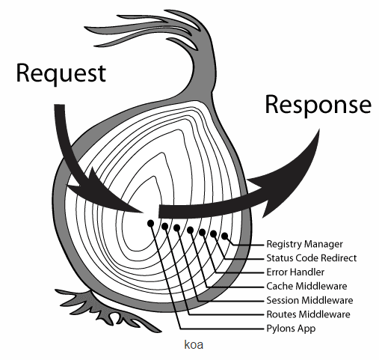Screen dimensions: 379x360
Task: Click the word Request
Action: click(61, 73)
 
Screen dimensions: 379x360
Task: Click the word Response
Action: click(318, 105)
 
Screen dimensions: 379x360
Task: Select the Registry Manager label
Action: click(304, 244)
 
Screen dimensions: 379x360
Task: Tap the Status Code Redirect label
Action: click(312, 258)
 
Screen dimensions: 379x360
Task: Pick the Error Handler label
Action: click(295, 272)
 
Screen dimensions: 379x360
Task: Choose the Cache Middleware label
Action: click(306, 286)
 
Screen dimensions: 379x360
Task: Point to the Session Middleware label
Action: click(309, 300)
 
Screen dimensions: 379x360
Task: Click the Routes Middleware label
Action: click(309, 314)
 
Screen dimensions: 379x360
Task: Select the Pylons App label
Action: click(291, 329)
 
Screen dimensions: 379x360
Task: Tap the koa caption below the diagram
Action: click(194, 345)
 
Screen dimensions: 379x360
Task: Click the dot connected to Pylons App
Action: click(150, 223)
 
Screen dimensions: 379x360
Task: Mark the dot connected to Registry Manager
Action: click(225, 236)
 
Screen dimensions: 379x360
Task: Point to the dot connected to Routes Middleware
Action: click(164, 226)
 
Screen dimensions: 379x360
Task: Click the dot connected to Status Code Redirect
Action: click(214, 234)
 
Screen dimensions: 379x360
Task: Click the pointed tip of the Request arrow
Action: click(144, 213)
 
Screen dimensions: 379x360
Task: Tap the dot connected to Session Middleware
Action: click(176, 228)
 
